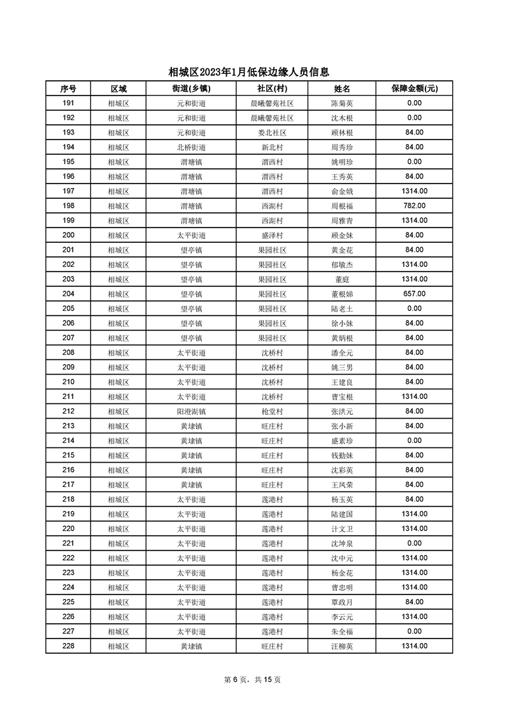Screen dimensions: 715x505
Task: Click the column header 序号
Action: [x=68, y=89]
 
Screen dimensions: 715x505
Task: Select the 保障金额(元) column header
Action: [x=414, y=89]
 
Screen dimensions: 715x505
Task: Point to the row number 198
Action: [x=68, y=206]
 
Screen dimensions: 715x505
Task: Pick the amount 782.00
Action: [x=414, y=206]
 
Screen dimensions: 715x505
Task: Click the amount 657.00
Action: [x=414, y=294]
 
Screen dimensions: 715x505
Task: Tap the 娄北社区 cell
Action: [x=272, y=133]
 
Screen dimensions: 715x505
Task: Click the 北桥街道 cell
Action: [x=191, y=147]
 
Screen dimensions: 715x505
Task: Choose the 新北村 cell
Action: [x=272, y=147]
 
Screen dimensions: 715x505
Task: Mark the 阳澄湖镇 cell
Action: [x=191, y=411]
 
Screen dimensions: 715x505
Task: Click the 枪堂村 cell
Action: [x=272, y=411]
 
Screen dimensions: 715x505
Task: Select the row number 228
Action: [x=68, y=646]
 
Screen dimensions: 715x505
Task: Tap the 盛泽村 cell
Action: [x=272, y=235]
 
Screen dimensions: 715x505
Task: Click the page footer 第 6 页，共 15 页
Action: [x=253, y=679]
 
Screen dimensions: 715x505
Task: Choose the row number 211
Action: [x=68, y=396]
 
